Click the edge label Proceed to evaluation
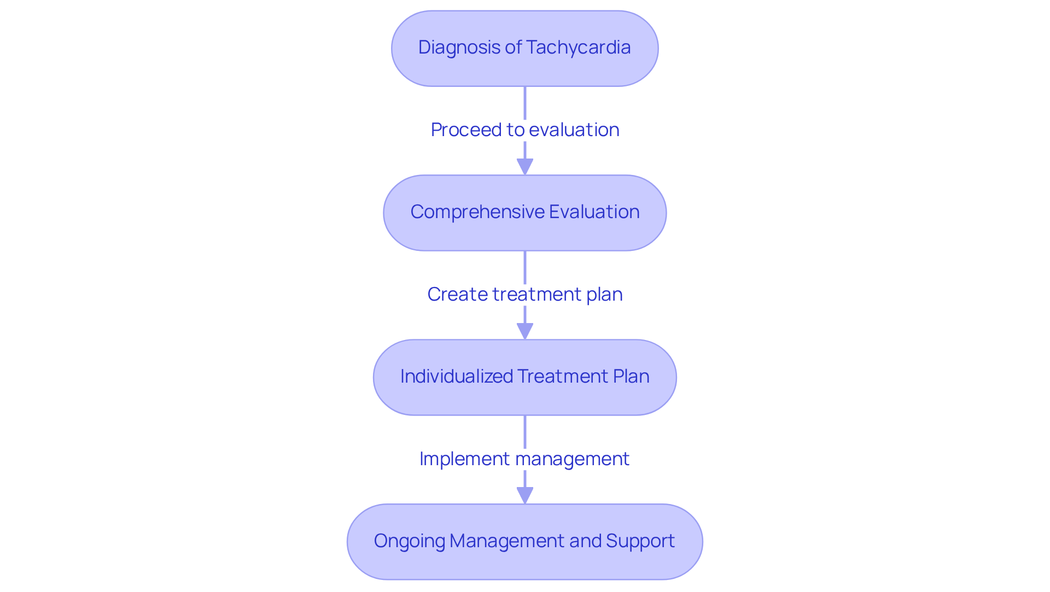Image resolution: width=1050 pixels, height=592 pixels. tap(524, 130)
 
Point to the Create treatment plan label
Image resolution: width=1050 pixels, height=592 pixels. tap(524, 295)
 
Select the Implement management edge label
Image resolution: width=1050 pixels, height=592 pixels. tap(524, 459)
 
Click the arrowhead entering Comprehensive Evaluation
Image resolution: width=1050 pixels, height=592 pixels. tap(525, 167)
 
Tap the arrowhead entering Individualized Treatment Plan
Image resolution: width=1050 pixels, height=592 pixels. tap(525, 331)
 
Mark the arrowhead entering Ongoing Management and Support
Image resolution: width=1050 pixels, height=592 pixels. tap(525, 496)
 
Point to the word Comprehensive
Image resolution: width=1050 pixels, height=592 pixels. tap(477, 212)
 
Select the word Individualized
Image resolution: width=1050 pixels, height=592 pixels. tap(456, 377)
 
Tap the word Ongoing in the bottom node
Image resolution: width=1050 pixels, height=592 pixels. tap(409, 541)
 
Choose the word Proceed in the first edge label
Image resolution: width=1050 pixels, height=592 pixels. tap(466, 130)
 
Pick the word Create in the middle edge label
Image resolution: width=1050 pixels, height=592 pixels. tap(457, 295)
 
